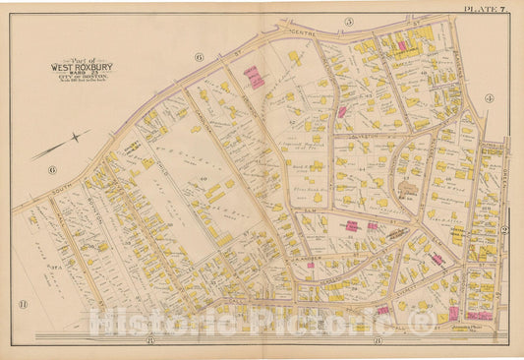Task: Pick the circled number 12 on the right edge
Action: point(502,228)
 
